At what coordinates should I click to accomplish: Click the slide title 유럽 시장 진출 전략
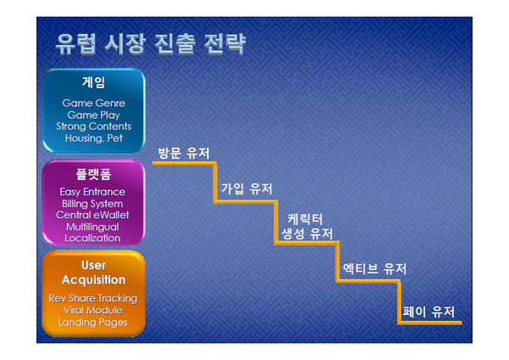tap(151, 43)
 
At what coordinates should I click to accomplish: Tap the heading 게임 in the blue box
tap(93, 82)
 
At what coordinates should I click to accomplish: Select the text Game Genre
tap(93, 103)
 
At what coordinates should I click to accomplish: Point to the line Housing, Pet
tap(93, 138)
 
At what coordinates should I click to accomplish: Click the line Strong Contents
tap(93, 126)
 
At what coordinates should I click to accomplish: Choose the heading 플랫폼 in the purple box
tap(93, 174)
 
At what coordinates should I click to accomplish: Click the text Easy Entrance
tap(92, 192)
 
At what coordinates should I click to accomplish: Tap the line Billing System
tap(92, 204)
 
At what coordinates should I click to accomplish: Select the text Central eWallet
tap(92, 215)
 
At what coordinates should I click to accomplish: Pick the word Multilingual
tap(92, 227)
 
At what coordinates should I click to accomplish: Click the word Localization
tap(92, 238)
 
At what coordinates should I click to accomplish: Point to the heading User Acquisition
tap(93, 273)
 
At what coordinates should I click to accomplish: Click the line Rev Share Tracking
tap(92, 298)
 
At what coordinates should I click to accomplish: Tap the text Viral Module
tap(92, 310)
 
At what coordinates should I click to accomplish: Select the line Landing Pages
tap(92, 323)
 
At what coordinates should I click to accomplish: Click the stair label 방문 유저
tap(184, 153)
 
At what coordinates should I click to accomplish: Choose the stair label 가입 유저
tap(247, 188)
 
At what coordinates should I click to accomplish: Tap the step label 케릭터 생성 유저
tap(307, 227)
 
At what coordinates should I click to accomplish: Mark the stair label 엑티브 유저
tap(375, 268)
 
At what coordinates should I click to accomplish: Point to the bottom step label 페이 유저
tap(428, 312)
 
